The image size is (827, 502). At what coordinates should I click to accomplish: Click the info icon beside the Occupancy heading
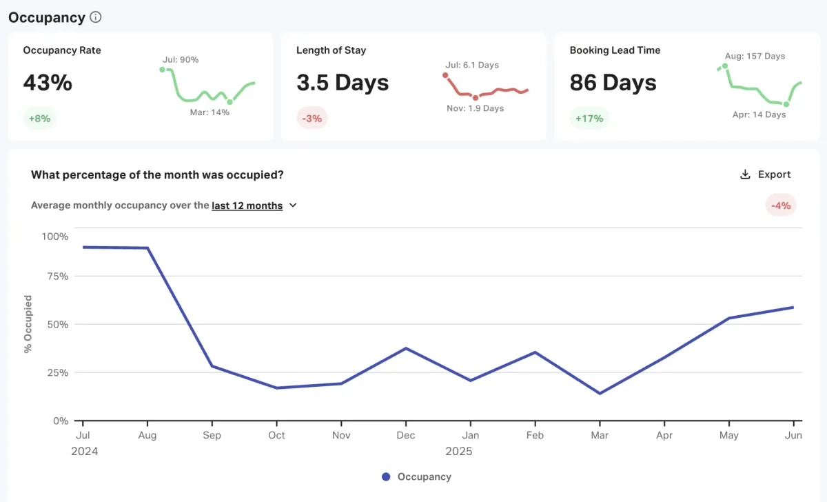[96, 17]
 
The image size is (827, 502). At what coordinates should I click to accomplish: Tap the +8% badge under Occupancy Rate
[39, 118]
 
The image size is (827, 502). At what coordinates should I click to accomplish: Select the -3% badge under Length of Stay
[312, 118]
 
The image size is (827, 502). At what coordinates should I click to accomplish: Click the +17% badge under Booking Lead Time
[589, 118]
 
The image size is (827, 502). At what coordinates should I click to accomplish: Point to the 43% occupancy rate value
[48, 83]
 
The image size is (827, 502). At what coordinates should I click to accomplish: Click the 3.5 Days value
[343, 83]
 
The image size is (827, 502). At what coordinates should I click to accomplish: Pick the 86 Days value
[613, 83]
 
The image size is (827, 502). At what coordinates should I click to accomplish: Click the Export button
[765, 174]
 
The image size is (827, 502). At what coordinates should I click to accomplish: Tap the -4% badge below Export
[781, 205]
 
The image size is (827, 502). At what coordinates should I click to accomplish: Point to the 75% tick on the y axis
[55, 277]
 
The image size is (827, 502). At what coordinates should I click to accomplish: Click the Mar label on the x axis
[600, 435]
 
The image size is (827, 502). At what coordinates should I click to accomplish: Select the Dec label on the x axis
[406, 435]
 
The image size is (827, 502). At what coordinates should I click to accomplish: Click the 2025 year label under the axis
[458, 452]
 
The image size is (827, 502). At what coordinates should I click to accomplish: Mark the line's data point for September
[212, 365]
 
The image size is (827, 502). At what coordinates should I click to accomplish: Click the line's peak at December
[406, 348]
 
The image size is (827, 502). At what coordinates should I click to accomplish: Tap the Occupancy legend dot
[386, 476]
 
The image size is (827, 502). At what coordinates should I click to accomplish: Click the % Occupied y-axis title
[28, 324]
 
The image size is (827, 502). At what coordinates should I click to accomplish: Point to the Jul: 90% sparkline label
[181, 60]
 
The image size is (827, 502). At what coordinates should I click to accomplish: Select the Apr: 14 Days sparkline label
[759, 114]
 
